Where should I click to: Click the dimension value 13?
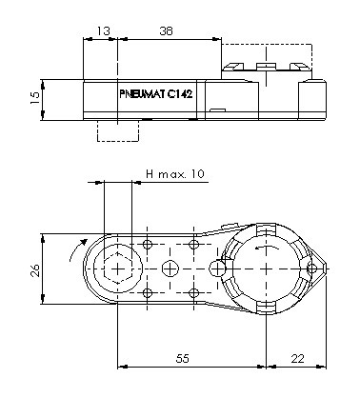point(103,30)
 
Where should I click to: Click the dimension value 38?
point(166,30)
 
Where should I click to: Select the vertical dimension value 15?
point(35,97)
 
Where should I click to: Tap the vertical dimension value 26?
point(35,270)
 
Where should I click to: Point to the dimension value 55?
point(182,358)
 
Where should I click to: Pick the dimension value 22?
point(297,358)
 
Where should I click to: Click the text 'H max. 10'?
point(175,174)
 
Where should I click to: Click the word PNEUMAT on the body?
point(143,94)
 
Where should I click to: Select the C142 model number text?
point(180,94)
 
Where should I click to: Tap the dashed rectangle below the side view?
point(118,130)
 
